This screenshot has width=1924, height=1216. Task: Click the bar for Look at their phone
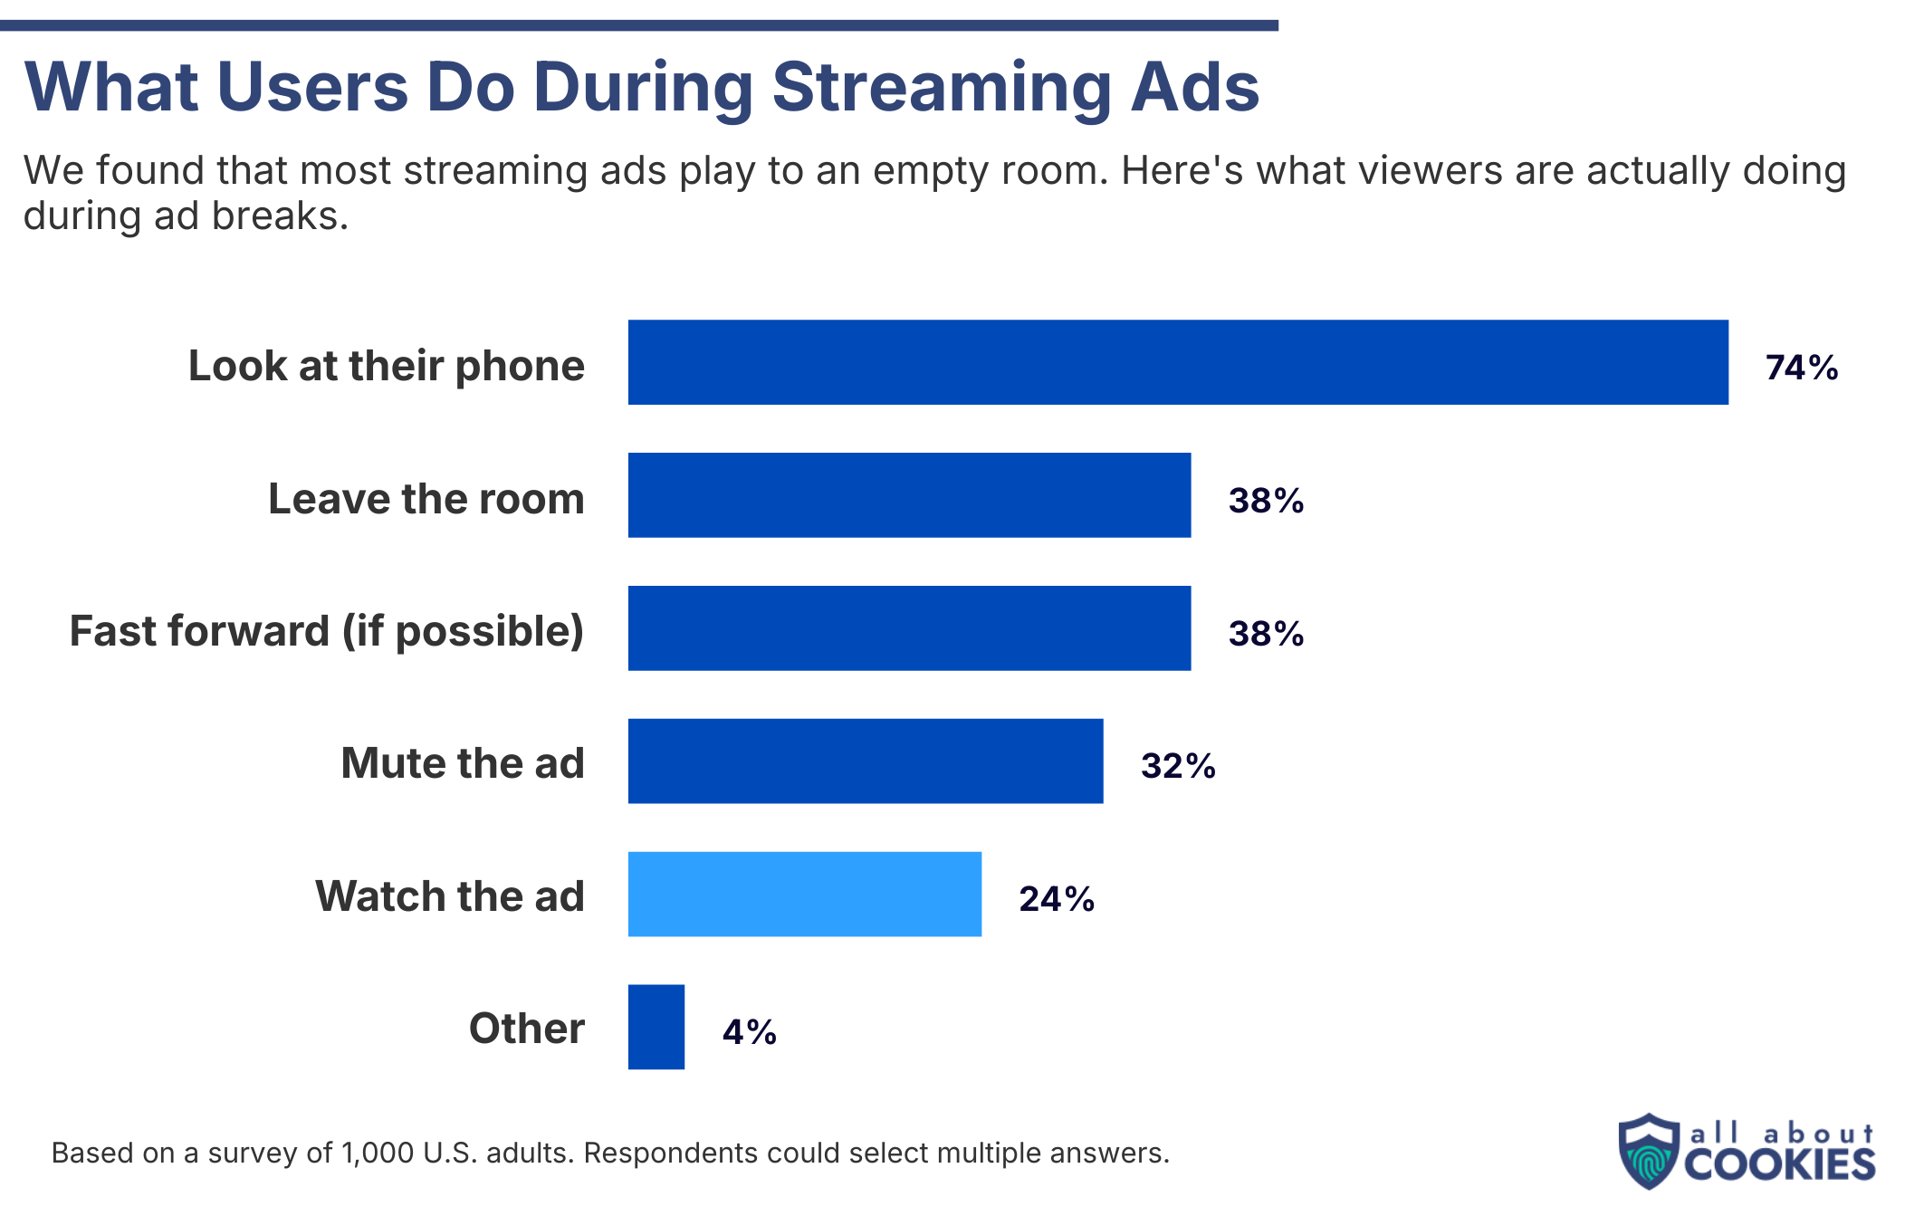coord(1177,362)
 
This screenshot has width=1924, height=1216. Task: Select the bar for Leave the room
coord(909,495)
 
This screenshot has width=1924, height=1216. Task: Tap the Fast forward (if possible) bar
coord(909,628)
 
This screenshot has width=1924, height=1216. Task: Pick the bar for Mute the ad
coord(865,761)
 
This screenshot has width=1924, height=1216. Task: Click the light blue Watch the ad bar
coord(804,895)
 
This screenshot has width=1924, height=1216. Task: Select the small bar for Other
coord(656,1028)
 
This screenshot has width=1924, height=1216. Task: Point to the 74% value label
coord(1801,368)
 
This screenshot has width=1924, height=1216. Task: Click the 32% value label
coord(1177,766)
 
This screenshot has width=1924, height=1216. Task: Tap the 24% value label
coord(1056,899)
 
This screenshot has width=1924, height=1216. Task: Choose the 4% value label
coord(749,1032)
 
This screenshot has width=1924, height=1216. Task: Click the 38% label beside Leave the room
coord(1265,501)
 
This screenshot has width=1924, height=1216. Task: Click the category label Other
coord(526,1029)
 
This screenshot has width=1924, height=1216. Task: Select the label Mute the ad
coord(462,763)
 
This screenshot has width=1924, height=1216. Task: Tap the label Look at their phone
coord(386,366)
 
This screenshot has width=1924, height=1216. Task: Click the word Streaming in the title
coord(941,88)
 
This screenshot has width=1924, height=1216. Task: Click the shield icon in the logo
coord(1649,1151)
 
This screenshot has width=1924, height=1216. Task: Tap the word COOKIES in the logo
coord(1779,1165)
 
